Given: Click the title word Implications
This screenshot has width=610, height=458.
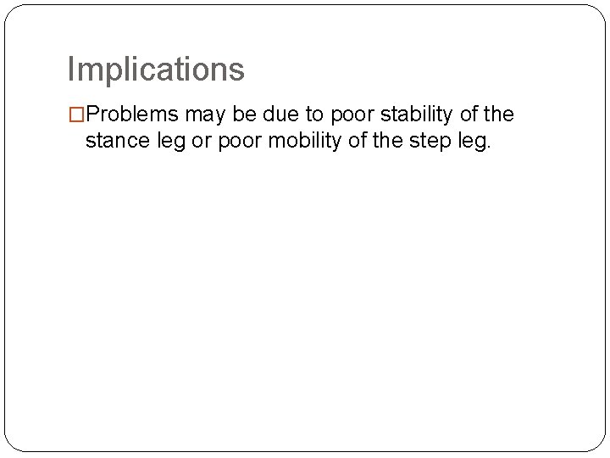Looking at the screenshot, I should click(x=156, y=70).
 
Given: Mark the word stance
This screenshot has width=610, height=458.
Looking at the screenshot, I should click(x=115, y=142).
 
